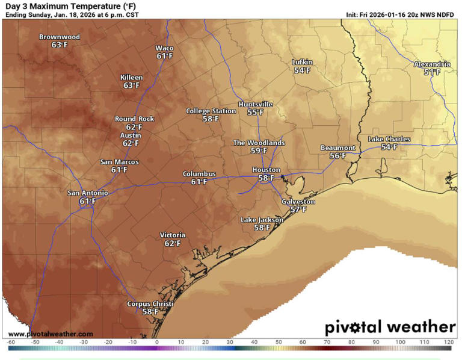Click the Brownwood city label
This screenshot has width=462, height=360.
[59, 37]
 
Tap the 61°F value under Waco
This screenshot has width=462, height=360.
[165, 56]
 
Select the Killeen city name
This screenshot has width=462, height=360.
[132, 78]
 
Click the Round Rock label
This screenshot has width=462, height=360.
[134, 119]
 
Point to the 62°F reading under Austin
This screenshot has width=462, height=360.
[131, 143]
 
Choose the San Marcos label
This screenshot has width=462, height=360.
[119, 162]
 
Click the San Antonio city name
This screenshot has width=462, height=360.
[88, 193]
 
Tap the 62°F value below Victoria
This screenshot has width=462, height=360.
[173, 243]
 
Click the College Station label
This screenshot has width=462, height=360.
[211, 111]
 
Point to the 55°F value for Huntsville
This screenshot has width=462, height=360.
[256, 113]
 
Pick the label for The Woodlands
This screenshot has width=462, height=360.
[259, 143]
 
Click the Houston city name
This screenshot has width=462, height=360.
[266, 170]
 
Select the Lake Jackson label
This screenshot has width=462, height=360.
[262, 220]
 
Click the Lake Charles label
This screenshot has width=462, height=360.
[389, 139]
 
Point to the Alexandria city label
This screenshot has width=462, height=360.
[431, 64]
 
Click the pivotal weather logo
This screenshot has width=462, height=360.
[390, 327]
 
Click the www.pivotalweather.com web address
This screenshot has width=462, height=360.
[51, 334]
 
